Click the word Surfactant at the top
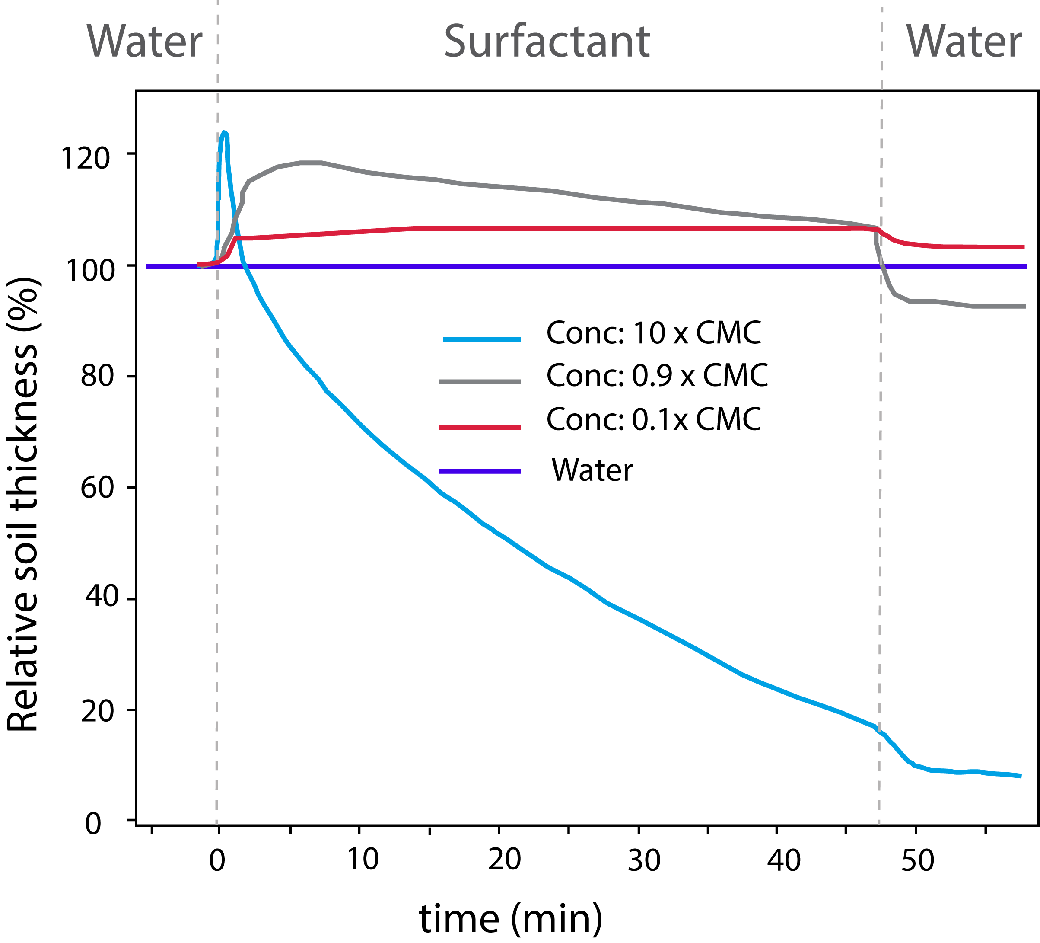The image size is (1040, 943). [x=547, y=42]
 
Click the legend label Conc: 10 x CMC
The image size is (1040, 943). [x=654, y=333]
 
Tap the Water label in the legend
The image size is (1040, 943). [x=592, y=470]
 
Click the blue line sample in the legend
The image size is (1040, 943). [x=482, y=339]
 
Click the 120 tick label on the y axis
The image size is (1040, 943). [x=85, y=158]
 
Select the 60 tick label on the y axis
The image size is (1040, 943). [x=97, y=487]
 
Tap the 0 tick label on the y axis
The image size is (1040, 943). [x=93, y=823]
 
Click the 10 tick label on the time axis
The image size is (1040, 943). [x=362, y=860]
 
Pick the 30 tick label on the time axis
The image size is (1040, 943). [x=644, y=860]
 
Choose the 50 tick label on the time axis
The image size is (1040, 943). [x=918, y=860]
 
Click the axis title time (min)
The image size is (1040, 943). [x=511, y=920]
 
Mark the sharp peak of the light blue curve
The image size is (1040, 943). [x=224, y=133]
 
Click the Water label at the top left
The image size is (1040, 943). [x=144, y=42]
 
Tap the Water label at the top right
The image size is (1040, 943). [x=964, y=42]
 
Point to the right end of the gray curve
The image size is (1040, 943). [x=1024, y=307]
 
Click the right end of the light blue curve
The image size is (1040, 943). [x=1019, y=776]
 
